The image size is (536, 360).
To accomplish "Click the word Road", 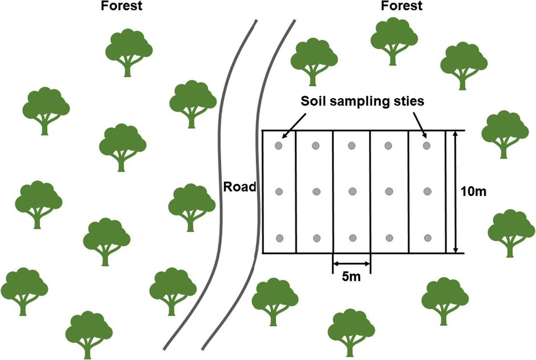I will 240,187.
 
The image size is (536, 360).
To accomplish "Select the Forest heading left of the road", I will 122,6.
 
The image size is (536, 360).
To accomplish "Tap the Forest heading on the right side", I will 401,6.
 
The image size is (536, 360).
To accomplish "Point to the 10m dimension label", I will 473,191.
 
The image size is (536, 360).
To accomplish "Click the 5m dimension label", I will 351,276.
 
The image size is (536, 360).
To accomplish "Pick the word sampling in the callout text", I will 363,101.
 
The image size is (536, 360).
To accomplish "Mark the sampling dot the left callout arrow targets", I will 278,146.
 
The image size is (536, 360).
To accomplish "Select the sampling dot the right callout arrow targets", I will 426,146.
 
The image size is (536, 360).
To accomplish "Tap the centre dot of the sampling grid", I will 352,191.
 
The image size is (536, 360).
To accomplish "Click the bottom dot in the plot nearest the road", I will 280,238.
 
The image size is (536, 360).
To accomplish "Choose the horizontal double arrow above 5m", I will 351,264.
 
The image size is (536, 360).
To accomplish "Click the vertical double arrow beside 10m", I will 456,192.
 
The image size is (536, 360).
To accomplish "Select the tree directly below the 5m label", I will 351,333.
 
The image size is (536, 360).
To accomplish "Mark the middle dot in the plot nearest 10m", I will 427,191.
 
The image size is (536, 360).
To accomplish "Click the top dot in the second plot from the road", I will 316,146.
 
